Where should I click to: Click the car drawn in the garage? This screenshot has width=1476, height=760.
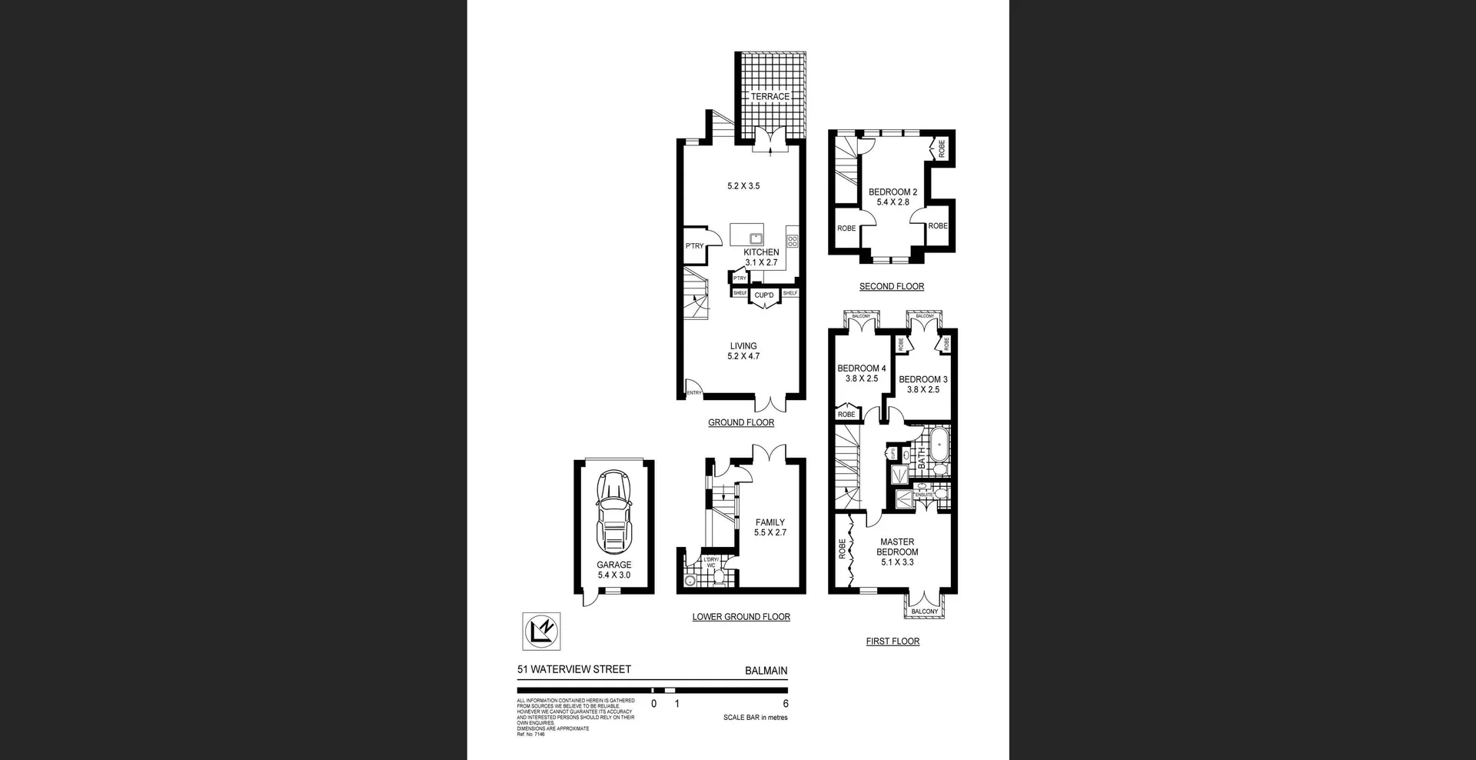click(613, 512)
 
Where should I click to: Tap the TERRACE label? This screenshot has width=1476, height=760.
click(770, 97)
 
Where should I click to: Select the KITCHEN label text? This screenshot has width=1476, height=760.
click(761, 252)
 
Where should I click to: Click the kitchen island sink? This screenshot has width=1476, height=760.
click(756, 238)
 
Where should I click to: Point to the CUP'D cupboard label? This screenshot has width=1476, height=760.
click(764, 295)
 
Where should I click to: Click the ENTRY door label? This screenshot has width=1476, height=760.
click(694, 393)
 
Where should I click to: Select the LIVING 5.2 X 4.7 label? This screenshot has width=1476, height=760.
click(743, 351)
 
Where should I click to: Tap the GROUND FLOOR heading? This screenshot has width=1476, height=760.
click(741, 422)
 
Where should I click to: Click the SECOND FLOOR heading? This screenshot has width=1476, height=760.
click(892, 286)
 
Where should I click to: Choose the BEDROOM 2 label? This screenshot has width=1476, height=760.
click(893, 197)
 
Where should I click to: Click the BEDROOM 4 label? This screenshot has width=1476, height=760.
click(861, 373)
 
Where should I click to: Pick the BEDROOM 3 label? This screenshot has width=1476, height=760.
click(922, 384)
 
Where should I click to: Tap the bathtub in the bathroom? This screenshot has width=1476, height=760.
click(939, 454)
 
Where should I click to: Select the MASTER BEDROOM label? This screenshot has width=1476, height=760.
click(897, 547)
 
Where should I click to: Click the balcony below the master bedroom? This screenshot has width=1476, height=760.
click(924, 611)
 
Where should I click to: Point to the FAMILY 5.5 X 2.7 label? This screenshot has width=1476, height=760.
click(770, 527)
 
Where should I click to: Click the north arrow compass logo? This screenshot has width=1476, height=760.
click(541, 631)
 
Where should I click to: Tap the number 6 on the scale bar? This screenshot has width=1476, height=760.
click(786, 703)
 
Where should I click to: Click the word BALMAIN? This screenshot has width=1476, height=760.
click(766, 671)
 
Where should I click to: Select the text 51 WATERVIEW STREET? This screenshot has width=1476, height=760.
click(574, 669)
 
